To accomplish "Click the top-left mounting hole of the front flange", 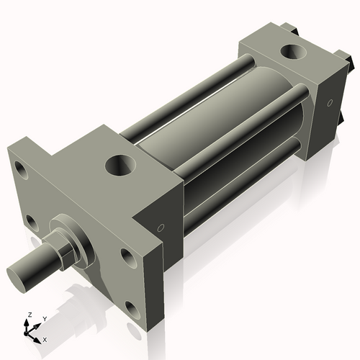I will pyautogui.click(x=21, y=173).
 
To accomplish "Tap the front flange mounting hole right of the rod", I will pyautogui.click(x=127, y=257).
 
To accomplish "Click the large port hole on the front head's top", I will pyautogui.click(x=120, y=166).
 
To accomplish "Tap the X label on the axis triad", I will pyautogui.click(x=45, y=338).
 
